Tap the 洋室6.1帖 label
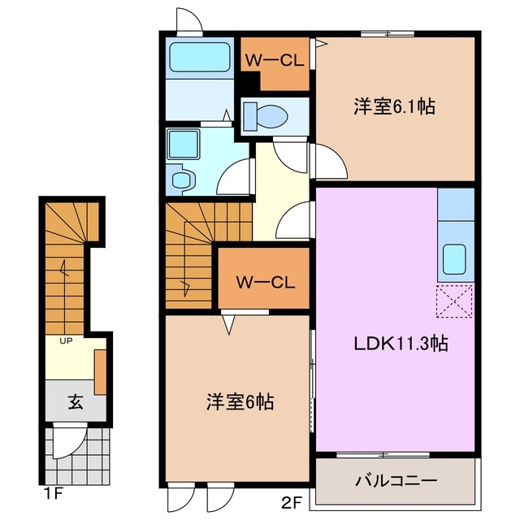pyautogui.click(x=393, y=106)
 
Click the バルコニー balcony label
pyautogui.click(x=396, y=480)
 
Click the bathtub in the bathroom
pyautogui.click(x=199, y=59)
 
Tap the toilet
pyautogui.click(x=264, y=116)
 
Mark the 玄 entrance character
pyautogui.click(x=74, y=401)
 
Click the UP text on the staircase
pyautogui.click(x=65, y=340)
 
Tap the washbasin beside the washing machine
pyautogui.click(x=183, y=179)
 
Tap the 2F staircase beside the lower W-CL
pyautogui.click(x=191, y=252)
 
